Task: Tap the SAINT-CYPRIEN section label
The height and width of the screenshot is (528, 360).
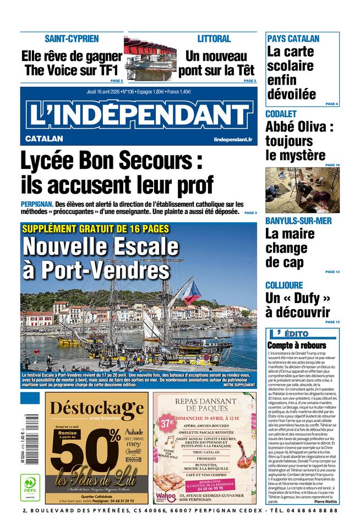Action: point(72,38)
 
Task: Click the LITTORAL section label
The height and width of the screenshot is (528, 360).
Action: point(214,38)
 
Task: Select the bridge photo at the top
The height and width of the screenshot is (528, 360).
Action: point(150,59)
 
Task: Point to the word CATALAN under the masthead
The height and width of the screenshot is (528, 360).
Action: point(44,139)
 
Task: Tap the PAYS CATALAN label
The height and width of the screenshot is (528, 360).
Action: point(293,38)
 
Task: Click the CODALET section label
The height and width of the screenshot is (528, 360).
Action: point(281,114)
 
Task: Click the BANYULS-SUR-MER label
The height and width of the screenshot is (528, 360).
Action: point(298,221)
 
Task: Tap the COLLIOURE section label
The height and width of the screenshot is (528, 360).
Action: point(284,285)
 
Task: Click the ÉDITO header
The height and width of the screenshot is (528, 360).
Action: point(301,334)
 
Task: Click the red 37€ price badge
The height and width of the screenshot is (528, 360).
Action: point(166,423)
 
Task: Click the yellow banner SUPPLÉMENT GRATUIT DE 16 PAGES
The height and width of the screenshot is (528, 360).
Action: point(95,229)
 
